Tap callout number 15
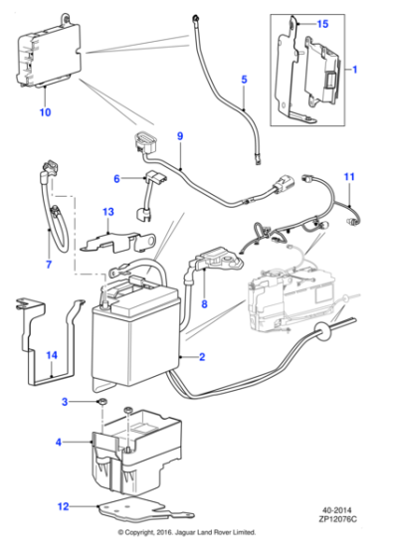[x=321, y=23]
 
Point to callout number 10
[x=45, y=113]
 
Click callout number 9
[x=180, y=135]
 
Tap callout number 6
[x=116, y=179]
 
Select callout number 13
[x=109, y=212]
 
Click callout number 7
[x=47, y=265]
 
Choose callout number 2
[x=203, y=355]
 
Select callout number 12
[x=65, y=506]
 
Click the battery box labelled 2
[x=134, y=333]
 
